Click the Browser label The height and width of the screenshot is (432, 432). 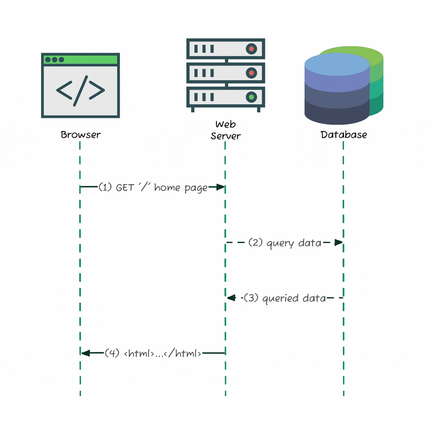click(x=81, y=135)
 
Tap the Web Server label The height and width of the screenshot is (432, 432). click(x=225, y=130)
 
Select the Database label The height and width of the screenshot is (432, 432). click(x=343, y=135)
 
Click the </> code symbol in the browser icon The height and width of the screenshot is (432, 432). click(x=81, y=90)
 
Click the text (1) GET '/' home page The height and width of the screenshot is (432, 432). click(x=153, y=187)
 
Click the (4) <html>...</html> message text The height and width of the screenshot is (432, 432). click(x=153, y=353)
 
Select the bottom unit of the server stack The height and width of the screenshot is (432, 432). click(x=225, y=97)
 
